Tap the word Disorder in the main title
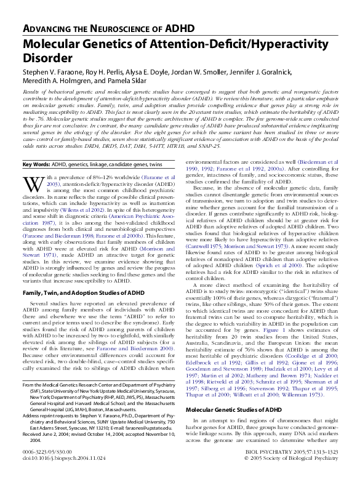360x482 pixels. [x=47, y=58]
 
